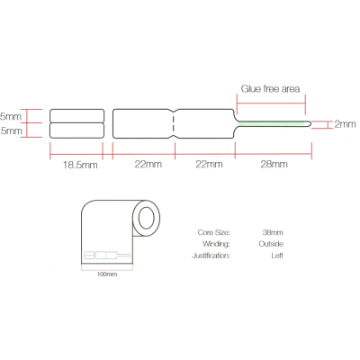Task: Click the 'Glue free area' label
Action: click(x=270, y=89)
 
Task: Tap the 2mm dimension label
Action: click(x=345, y=124)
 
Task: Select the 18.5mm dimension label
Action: click(x=80, y=165)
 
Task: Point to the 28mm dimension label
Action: click(x=274, y=164)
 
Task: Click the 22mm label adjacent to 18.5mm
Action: click(x=148, y=164)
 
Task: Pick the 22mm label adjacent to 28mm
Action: click(x=209, y=164)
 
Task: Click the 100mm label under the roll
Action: click(x=107, y=274)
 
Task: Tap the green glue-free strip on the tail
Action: click(x=271, y=123)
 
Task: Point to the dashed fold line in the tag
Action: click(x=174, y=123)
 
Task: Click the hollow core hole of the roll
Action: click(x=146, y=218)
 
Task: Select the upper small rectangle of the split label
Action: click(x=77, y=116)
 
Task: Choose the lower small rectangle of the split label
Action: click(x=77, y=130)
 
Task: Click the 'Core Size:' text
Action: click(x=214, y=232)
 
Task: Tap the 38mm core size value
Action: click(x=273, y=232)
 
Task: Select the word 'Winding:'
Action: click(x=216, y=244)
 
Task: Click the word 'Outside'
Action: click(x=271, y=244)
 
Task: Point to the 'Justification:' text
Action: click(x=211, y=256)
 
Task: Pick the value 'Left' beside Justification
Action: click(x=277, y=256)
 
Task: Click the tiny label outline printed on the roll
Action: click(x=107, y=256)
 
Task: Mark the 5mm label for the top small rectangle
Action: click(x=11, y=116)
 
